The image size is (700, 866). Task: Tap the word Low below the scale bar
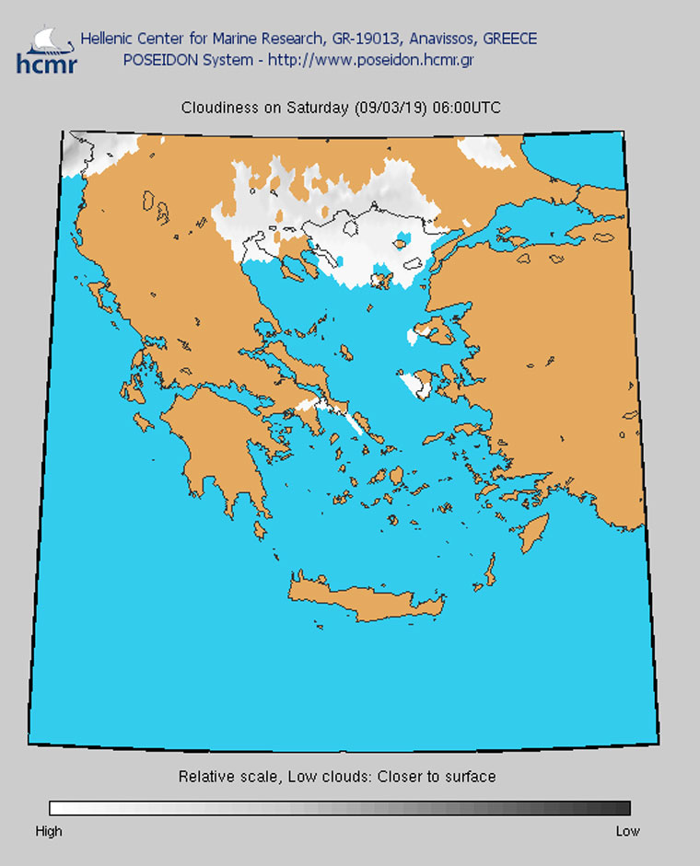(627, 831)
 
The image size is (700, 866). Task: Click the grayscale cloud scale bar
(340, 808)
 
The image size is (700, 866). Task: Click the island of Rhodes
(535, 535)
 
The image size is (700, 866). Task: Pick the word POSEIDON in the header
(157, 61)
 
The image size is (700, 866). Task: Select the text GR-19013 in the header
(361, 39)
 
